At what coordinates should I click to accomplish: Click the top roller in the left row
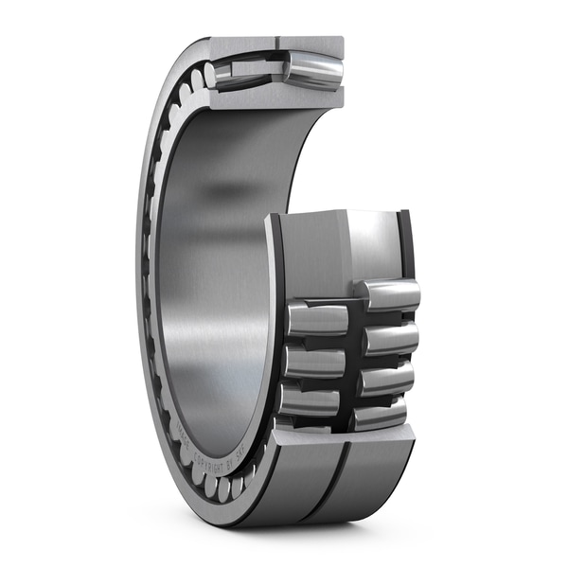tap(317, 319)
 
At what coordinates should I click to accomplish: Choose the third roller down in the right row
tap(386, 379)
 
